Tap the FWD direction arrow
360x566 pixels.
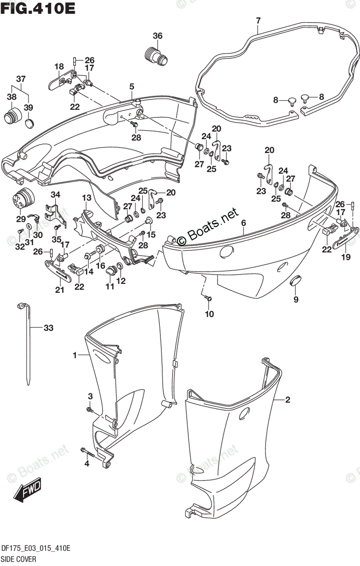tap(28, 489)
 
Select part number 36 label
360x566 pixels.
tap(158, 36)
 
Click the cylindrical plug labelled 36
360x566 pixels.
tap(155, 55)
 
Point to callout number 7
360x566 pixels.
tap(258, 20)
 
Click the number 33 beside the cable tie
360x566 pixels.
tap(49, 328)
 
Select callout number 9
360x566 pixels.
tap(296, 299)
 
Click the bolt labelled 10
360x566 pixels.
tap(208, 298)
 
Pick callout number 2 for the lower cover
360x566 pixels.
tap(287, 400)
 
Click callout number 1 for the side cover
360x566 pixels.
tap(75, 355)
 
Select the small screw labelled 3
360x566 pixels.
tap(89, 410)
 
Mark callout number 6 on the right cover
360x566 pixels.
tap(243, 223)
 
